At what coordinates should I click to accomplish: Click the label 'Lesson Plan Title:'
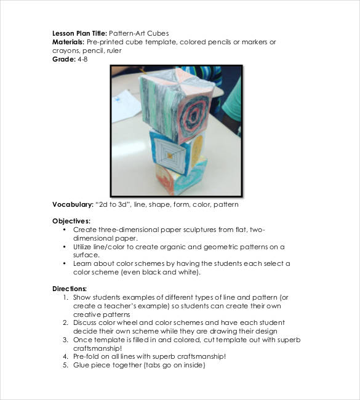79,33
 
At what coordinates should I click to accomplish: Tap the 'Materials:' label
70,42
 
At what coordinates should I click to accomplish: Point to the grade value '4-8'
82,59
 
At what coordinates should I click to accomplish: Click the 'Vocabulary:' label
73,204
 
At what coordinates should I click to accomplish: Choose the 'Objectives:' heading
71,220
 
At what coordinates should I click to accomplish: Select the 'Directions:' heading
70,288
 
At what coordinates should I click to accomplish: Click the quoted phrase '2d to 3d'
117,204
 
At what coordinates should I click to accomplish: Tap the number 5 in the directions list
65,365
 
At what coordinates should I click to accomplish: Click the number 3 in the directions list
65,339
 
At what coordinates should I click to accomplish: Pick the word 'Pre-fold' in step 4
87,356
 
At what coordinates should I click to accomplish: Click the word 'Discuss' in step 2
86,322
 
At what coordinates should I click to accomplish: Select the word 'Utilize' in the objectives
85,246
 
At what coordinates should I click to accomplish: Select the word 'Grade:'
64,59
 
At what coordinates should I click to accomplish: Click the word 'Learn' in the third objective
83,263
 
